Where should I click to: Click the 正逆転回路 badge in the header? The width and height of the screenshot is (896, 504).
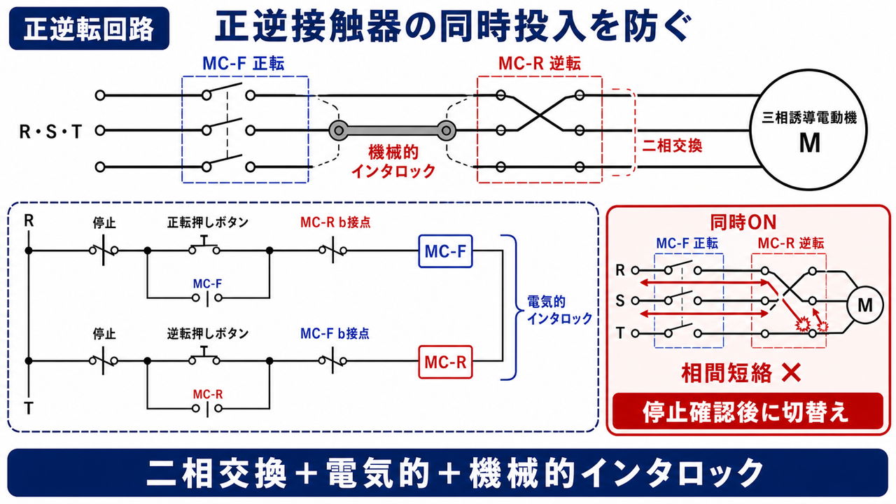[x=89, y=29]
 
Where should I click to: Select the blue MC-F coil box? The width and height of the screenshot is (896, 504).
[x=445, y=251]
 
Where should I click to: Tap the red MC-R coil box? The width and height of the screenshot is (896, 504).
[x=445, y=362]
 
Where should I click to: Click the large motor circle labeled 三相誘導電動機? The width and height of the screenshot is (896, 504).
[x=808, y=130]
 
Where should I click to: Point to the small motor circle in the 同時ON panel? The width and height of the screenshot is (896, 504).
[x=864, y=305]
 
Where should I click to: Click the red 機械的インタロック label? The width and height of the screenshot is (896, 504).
[x=393, y=162]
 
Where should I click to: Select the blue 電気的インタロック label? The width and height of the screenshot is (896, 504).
[x=559, y=310]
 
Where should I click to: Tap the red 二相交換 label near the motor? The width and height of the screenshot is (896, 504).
[x=672, y=146]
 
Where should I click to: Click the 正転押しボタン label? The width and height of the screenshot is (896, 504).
[x=208, y=223]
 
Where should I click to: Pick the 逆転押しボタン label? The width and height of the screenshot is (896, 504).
[x=208, y=333]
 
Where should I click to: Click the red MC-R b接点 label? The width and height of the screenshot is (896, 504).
[x=335, y=223]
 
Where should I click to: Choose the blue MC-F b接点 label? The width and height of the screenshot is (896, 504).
[x=335, y=333]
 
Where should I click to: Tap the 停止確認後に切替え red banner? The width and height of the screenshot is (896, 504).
[x=748, y=412]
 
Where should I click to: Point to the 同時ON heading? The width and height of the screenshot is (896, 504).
[x=743, y=223]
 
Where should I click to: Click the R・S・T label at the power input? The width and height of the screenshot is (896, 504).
[x=51, y=132]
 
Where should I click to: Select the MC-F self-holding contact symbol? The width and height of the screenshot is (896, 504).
[x=207, y=298]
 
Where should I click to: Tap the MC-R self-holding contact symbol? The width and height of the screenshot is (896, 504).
[x=207, y=409]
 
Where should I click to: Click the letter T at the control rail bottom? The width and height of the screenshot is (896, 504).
[x=29, y=409]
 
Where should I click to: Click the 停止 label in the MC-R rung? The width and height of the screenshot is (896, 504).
[x=104, y=333]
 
